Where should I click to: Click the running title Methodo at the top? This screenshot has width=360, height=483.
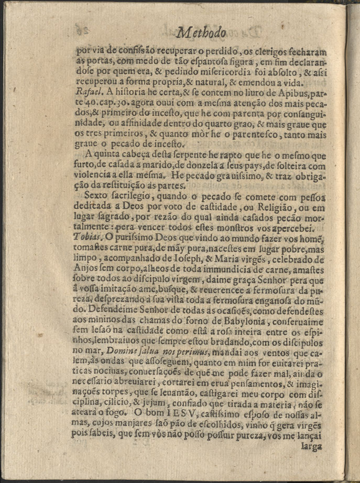[x=202, y=33]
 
